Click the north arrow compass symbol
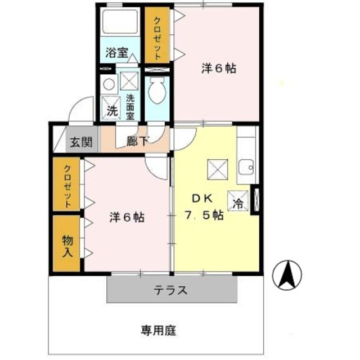click(x=287, y=275)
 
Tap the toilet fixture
click(x=157, y=91)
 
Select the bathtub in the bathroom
click(x=120, y=21)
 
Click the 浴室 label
click(x=116, y=52)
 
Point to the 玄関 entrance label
click(x=81, y=142)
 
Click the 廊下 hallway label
click(x=137, y=141)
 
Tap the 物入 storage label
click(x=67, y=246)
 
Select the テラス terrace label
click(x=170, y=290)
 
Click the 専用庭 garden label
click(x=158, y=331)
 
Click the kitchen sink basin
click(x=246, y=167)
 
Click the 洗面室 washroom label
click(x=130, y=107)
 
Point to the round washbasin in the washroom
click(x=109, y=84)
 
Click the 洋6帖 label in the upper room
click(x=219, y=68)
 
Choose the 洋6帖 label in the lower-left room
click(x=127, y=217)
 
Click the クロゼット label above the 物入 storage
click(x=67, y=186)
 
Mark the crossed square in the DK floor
click(x=218, y=169)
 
